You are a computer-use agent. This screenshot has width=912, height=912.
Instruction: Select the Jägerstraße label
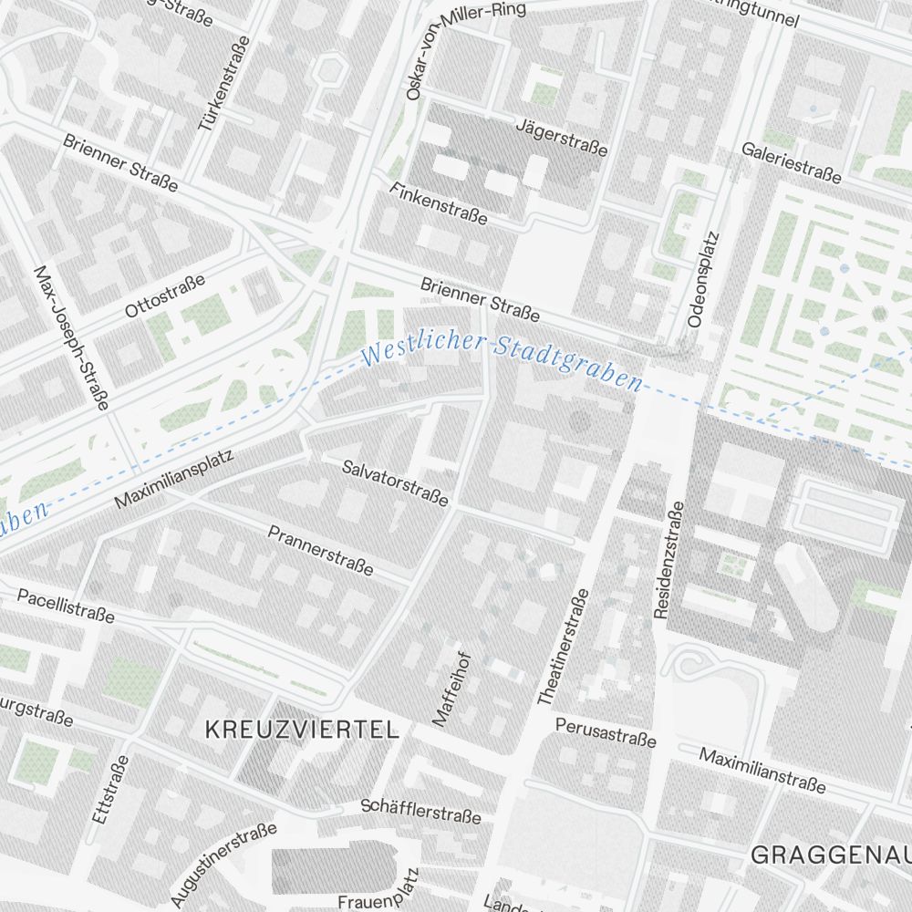click(561, 137)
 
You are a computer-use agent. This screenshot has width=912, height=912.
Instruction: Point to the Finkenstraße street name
click(438, 203)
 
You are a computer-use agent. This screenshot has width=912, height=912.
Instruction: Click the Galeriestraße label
click(791, 162)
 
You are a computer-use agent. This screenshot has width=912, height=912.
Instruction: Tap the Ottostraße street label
click(165, 295)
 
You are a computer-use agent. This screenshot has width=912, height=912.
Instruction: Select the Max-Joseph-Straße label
click(71, 337)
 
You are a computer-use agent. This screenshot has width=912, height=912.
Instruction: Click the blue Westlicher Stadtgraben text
click(502, 359)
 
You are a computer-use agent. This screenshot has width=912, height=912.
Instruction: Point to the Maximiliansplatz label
click(174, 479)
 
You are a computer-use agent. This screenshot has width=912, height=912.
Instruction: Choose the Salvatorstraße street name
click(396, 482)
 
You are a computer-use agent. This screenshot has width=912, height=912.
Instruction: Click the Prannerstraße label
click(320, 549)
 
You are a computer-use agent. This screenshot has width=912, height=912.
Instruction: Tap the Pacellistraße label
click(66, 606)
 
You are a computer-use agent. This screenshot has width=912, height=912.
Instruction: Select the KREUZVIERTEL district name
click(302, 730)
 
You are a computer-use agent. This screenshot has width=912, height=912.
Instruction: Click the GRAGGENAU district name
click(830, 855)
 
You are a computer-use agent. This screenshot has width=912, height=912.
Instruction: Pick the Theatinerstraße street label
click(563, 647)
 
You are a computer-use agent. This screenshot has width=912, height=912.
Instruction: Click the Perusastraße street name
click(606, 731)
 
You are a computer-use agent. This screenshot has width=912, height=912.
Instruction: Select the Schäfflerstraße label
click(420, 810)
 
